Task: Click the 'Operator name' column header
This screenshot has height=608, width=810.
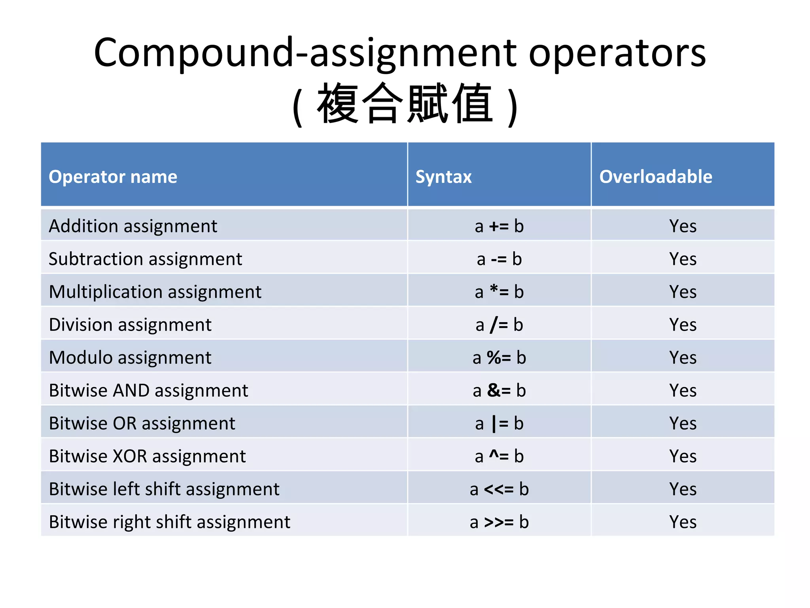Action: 113,177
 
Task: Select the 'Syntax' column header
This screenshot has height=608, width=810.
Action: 443,177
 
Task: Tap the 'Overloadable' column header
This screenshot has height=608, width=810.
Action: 655,177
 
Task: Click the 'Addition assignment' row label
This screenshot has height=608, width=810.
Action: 133,226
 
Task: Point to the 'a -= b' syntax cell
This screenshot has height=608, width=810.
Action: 499,259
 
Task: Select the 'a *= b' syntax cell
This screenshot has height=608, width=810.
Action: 499,292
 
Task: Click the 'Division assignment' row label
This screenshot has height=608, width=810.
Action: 130,325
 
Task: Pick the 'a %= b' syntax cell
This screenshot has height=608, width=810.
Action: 499,358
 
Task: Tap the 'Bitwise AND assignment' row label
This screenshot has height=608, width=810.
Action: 148,391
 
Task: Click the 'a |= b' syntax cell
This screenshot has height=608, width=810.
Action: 499,424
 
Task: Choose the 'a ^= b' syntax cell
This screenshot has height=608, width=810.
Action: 499,456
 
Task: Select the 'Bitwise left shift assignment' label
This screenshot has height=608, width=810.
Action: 164,489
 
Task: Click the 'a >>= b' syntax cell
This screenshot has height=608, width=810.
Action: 499,522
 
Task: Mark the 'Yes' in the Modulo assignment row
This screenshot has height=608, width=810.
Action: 683,358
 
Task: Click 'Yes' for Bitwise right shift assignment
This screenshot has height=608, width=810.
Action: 683,522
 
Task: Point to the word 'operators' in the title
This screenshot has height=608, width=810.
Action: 617,53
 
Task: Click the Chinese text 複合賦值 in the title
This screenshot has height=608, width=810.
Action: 405,104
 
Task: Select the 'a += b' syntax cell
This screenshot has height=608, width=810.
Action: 499,226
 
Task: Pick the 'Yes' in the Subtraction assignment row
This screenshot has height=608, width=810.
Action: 683,259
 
